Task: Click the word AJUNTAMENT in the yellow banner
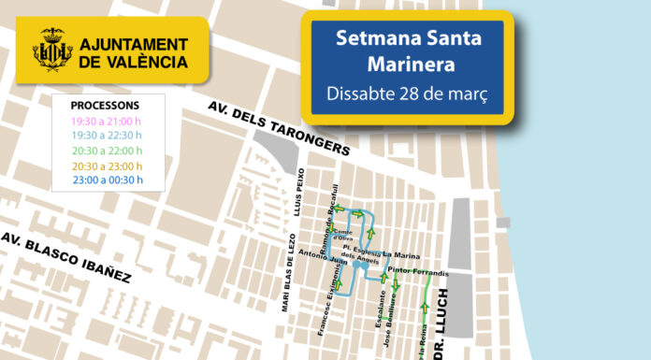pyautogui.click(x=133, y=44)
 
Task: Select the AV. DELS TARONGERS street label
pyautogui.click(x=279, y=131)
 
